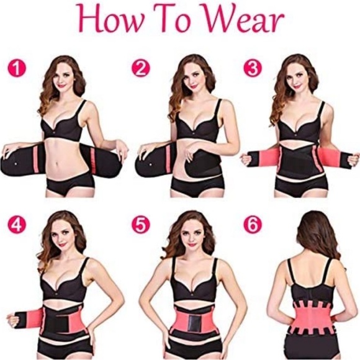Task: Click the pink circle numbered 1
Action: [x=17, y=68]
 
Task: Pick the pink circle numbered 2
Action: [x=141, y=68]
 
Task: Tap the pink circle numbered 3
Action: [x=252, y=68]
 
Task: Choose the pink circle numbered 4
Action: [x=17, y=224]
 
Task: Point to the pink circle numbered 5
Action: [x=141, y=224]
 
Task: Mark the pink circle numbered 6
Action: [x=252, y=224]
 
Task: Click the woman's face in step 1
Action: [x=63, y=78]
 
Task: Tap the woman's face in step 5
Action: [x=189, y=233]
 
